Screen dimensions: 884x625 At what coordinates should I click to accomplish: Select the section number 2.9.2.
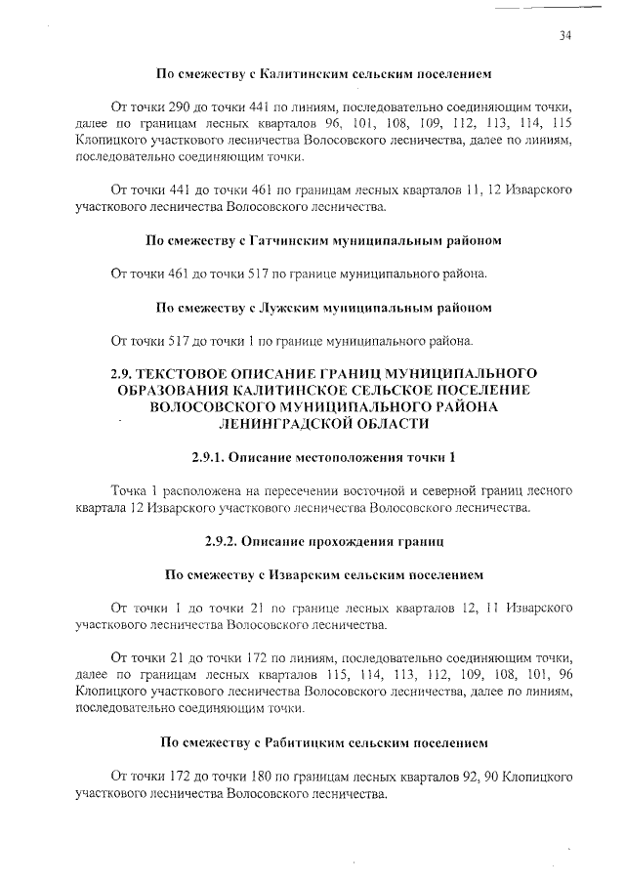click(x=224, y=539)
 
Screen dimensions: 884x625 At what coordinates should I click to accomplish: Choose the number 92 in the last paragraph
click(x=453, y=778)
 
